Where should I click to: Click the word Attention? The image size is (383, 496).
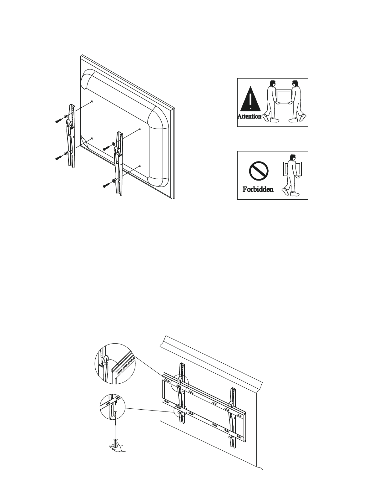[249, 116]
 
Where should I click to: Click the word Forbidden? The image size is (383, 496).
[258, 189]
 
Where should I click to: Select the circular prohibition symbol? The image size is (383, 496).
[259, 171]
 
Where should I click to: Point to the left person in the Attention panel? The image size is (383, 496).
[270, 101]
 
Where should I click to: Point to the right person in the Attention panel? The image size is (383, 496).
[297, 101]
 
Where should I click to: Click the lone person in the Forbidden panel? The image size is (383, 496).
[291, 175]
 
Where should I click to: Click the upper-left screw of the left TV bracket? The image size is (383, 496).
[59, 120]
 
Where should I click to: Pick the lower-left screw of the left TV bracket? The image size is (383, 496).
[59, 157]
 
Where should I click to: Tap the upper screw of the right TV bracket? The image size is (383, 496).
[107, 148]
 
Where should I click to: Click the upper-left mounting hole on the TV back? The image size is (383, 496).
[92, 101]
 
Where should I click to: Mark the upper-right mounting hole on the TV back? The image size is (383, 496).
[140, 129]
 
